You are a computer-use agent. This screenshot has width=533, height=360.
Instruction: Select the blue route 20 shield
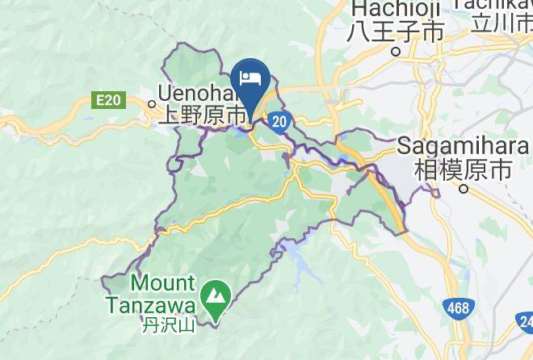click(x=279, y=121)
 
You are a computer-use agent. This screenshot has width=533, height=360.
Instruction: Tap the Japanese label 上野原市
click(x=202, y=115)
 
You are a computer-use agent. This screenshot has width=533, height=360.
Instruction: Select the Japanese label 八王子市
click(x=396, y=32)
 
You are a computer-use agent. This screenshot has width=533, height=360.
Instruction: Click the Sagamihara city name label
click(x=463, y=149)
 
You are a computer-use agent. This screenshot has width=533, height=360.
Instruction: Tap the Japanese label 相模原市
click(x=463, y=170)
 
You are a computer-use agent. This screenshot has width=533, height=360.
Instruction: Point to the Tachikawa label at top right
click(x=493, y=5)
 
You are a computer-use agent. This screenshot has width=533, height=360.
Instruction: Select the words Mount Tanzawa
click(x=162, y=295)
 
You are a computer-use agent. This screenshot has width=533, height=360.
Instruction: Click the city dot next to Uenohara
click(x=152, y=103)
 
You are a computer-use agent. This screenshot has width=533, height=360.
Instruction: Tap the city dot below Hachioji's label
click(x=396, y=51)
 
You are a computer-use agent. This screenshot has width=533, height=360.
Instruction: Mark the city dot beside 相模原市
click(x=464, y=189)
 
